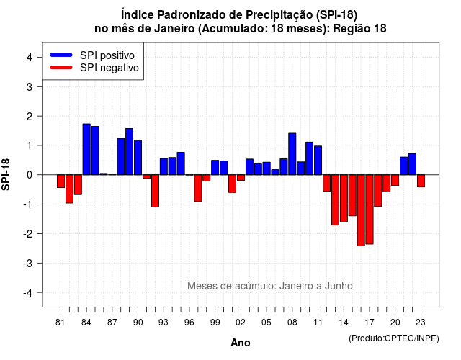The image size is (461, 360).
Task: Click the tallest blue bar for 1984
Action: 86,149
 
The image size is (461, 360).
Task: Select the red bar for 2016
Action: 361,210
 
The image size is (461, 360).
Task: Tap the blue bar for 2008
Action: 292,154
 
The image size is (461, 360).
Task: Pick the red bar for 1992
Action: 155,191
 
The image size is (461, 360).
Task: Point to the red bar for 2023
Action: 421,181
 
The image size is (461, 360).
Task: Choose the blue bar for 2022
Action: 413,164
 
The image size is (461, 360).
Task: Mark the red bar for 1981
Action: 61,181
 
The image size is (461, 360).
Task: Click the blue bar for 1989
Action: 130,152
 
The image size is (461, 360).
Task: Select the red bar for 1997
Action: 198,188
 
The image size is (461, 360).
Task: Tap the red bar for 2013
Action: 335,200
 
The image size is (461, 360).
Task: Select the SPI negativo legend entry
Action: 94,68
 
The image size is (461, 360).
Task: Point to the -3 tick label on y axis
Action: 28,263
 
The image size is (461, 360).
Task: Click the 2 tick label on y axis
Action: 30,117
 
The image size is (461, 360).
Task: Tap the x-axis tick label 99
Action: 215,323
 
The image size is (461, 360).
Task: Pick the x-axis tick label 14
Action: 343,323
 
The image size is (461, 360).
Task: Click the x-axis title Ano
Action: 241,343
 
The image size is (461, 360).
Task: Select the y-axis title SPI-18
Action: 6,174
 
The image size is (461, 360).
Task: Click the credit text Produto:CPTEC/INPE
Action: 394,338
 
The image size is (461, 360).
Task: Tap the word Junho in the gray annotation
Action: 339,286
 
